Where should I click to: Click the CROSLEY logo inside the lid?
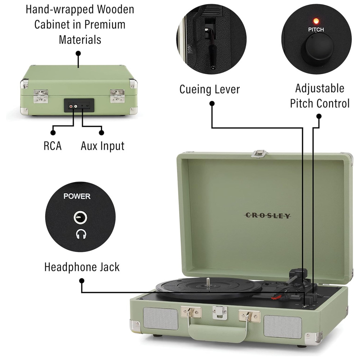click(x=267, y=216)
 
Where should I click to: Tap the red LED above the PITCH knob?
click(x=316, y=20)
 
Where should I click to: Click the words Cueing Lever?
click(x=210, y=89)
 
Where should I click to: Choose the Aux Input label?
click(x=102, y=146)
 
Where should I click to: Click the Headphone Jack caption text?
click(x=82, y=267)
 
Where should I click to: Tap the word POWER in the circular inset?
click(x=77, y=197)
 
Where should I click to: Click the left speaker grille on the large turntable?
click(x=161, y=319)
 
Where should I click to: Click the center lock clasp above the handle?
click(x=217, y=312)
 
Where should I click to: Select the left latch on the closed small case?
click(x=40, y=95)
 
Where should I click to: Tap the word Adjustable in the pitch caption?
click(x=320, y=88)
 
